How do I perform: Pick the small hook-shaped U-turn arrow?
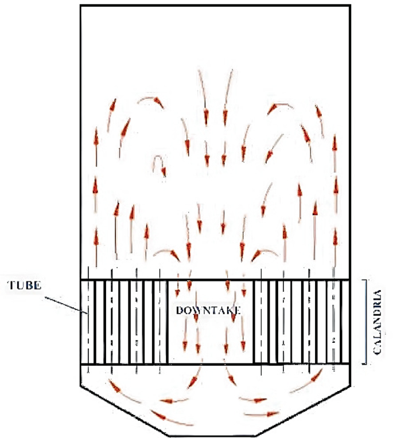tap(160, 166)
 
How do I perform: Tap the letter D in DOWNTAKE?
tap(180, 310)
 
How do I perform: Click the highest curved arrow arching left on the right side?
tap(282, 106)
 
